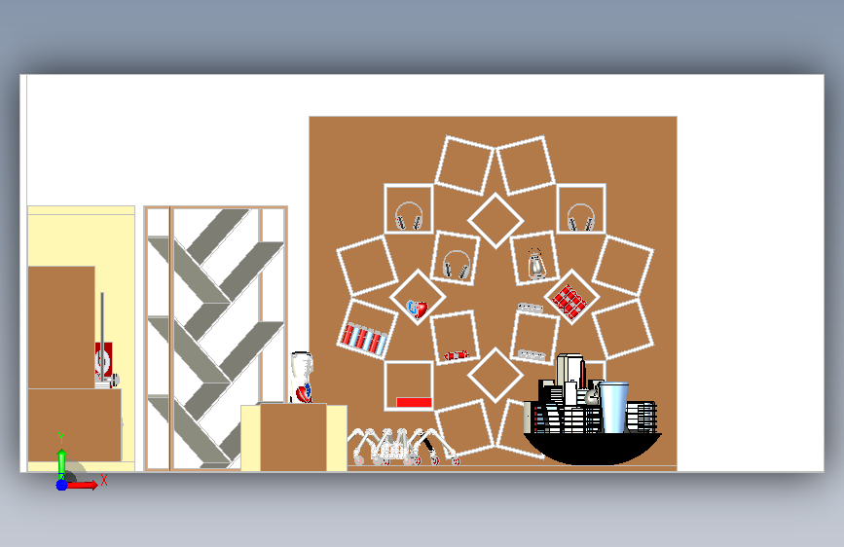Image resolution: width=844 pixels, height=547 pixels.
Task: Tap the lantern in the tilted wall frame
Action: point(535,265)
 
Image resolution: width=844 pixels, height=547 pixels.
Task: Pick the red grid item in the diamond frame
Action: point(570,298)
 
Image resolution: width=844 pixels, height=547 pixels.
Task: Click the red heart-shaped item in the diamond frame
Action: point(418,309)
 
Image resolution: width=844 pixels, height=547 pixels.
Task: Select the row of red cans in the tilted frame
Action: point(363,338)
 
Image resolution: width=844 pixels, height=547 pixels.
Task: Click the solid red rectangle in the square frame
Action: point(414,402)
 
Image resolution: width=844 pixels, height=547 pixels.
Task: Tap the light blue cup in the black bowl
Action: point(613,407)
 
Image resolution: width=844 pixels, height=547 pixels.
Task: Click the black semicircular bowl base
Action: point(592,449)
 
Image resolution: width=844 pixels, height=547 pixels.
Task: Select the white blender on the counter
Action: point(302,377)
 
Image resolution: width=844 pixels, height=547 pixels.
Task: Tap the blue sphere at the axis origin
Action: point(61,485)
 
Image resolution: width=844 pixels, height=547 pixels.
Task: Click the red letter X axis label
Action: point(104,480)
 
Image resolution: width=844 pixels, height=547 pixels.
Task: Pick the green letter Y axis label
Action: point(61,438)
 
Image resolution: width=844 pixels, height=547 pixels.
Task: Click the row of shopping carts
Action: point(404,447)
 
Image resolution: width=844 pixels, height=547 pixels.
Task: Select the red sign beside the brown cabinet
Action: point(103,360)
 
